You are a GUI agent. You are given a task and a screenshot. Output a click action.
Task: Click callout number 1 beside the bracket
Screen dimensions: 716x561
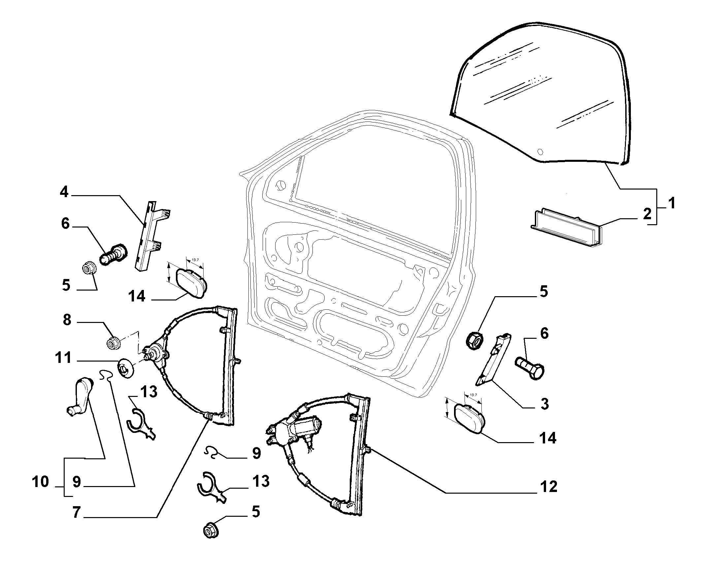671,203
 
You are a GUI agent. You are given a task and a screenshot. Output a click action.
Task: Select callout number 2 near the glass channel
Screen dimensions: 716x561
647,215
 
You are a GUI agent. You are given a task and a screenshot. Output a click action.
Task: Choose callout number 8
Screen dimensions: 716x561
67,320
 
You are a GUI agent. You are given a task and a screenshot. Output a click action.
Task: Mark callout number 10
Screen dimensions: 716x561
41,482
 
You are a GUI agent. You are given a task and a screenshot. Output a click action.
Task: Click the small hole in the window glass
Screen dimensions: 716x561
540,152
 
